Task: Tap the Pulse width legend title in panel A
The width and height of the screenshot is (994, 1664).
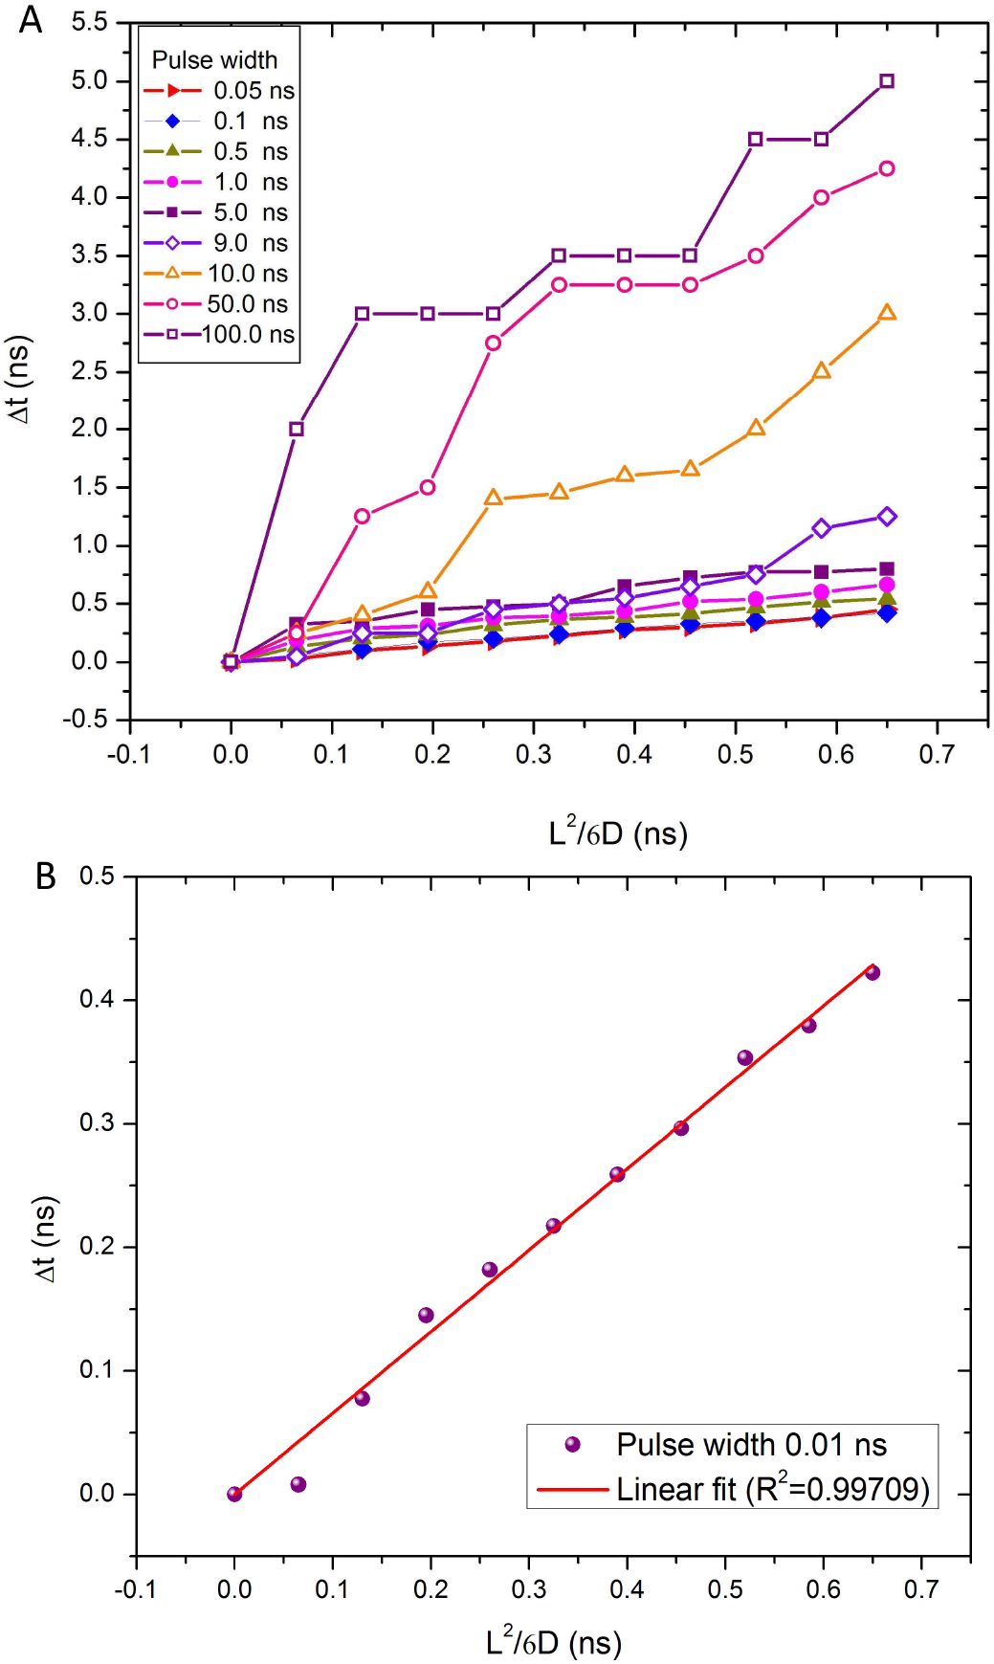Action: pyautogui.click(x=214, y=60)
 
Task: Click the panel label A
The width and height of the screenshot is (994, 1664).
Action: pyautogui.click(x=31, y=19)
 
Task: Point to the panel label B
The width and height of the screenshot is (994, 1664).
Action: pyautogui.click(x=45, y=876)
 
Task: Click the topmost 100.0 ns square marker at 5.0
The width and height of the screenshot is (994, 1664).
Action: pyautogui.click(x=887, y=81)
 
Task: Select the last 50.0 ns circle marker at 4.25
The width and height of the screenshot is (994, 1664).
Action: pyautogui.click(x=887, y=168)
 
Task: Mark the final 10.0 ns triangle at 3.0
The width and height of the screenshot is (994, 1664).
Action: pyautogui.click(x=887, y=313)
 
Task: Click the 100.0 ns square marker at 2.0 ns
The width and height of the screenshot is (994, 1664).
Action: pyautogui.click(x=297, y=429)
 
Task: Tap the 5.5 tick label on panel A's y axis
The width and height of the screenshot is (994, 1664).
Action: pyautogui.click(x=89, y=23)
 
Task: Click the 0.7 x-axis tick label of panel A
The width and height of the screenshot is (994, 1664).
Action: pyautogui.click(x=937, y=755)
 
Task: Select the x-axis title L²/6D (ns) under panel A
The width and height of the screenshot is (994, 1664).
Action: pyautogui.click(x=618, y=832)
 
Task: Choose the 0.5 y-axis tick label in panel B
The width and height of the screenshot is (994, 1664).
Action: pyautogui.click(x=97, y=876)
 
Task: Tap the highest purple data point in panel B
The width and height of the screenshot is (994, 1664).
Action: pyautogui.click(x=873, y=972)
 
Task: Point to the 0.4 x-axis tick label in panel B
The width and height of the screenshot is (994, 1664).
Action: pyautogui.click(x=627, y=1589)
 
